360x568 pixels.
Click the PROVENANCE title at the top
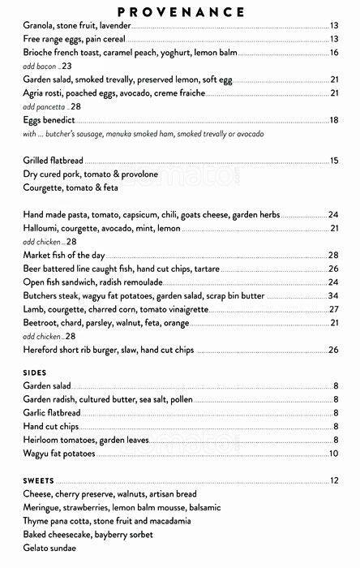coord(181,11)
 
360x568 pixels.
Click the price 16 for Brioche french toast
coord(333,52)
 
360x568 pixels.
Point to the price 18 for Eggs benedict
coord(333,120)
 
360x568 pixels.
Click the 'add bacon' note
coord(48,66)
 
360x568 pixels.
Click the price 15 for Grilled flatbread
coord(333,161)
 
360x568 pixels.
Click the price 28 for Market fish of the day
coord(333,255)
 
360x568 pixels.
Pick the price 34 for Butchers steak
coord(333,295)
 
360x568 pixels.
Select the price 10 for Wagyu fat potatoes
coord(333,453)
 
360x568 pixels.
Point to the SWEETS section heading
coord(40,480)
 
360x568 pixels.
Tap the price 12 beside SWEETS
coord(333,480)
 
